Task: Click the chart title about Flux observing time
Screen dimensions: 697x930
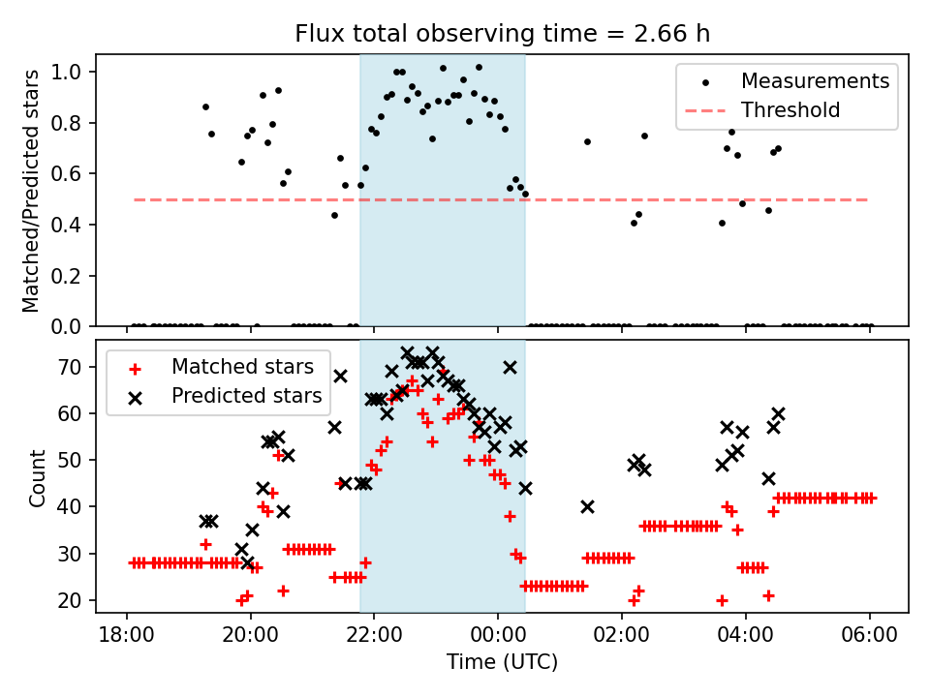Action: tap(503, 34)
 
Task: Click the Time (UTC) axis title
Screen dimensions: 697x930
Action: tap(502, 663)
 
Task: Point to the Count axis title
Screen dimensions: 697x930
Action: tap(38, 477)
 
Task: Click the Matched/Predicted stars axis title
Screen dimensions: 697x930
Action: tap(31, 191)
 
